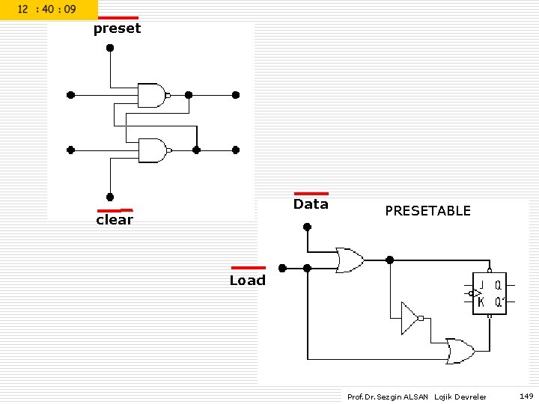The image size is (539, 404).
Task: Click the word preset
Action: [x=117, y=29]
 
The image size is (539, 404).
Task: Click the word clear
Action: [x=115, y=220]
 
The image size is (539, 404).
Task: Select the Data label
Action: [x=311, y=204]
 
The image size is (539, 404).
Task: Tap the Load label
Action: [x=247, y=281]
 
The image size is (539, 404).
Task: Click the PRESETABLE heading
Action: [x=427, y=211]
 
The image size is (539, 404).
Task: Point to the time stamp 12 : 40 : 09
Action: [x=46, y=10]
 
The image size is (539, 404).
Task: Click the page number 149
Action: [x=526, y=396]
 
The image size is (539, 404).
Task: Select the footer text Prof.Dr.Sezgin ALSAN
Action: [x=388, y=397]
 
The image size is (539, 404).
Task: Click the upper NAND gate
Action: [x=152, y=95]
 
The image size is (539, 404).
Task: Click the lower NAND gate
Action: [x=152, y=150]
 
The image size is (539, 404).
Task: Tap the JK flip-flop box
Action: [x=490, y=293]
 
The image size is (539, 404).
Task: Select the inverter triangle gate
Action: [x=410, y=318]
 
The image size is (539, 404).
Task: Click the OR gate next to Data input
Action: [x=350, y=260]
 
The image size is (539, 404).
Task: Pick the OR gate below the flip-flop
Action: [x=459, y=350]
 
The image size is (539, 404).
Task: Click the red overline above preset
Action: [x=118, y=18]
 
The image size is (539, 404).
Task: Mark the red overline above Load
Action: [x=248, y=267]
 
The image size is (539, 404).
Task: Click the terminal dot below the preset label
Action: [x=110, y=48]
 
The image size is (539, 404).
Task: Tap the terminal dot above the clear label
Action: [x=110, y=198]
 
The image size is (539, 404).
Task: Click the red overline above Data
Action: [x=311, y=194]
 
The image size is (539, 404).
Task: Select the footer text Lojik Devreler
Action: [x=460, y=397]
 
